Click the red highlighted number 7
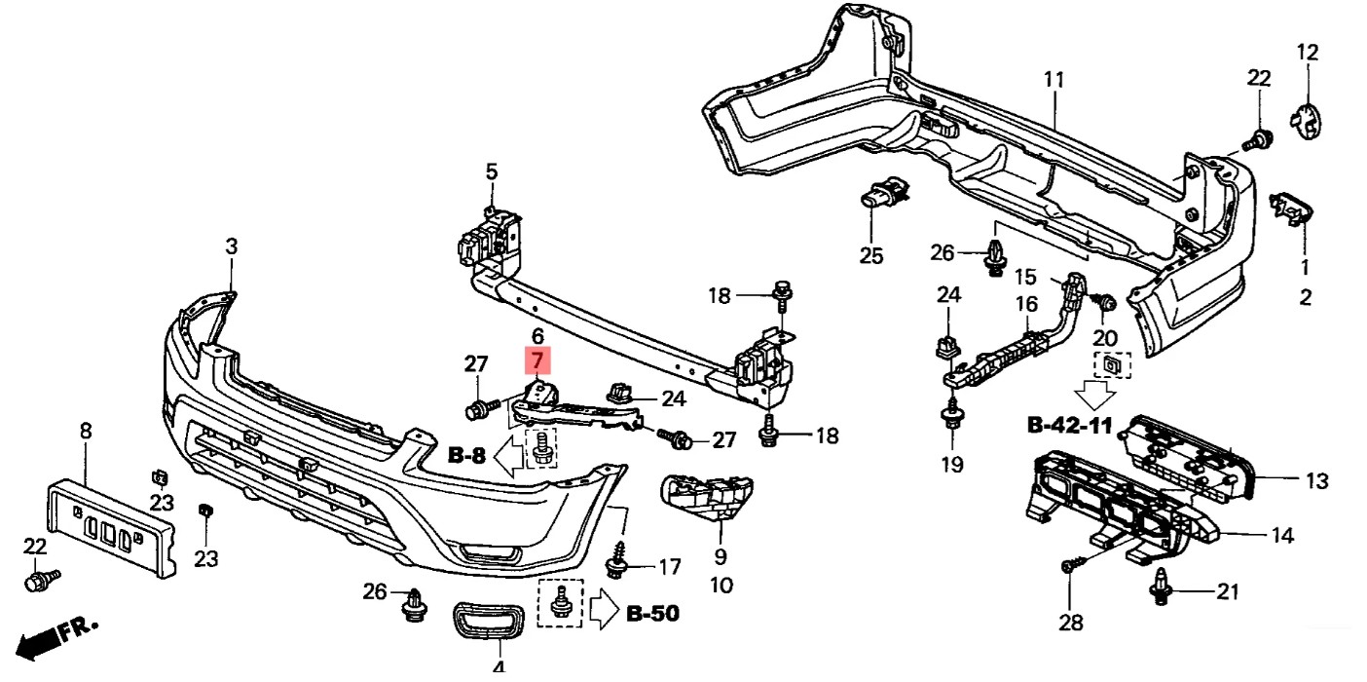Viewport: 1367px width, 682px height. click(537, 360)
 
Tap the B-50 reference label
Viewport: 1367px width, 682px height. click(652, 613)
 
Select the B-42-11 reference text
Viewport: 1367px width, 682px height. click(1070, 425)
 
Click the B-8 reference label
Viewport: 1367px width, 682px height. click(466, 455)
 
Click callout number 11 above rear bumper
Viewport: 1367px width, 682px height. click(1053, 80)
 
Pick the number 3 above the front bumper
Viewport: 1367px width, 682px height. click(232, 246)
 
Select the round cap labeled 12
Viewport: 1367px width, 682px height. click(1306, 122)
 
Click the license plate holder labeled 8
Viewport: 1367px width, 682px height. click(111, 527)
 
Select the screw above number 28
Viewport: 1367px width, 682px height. click(1070, 566)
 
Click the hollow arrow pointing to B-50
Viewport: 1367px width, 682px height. click(605, 608)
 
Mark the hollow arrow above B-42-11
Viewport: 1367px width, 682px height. click(1095, 395)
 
